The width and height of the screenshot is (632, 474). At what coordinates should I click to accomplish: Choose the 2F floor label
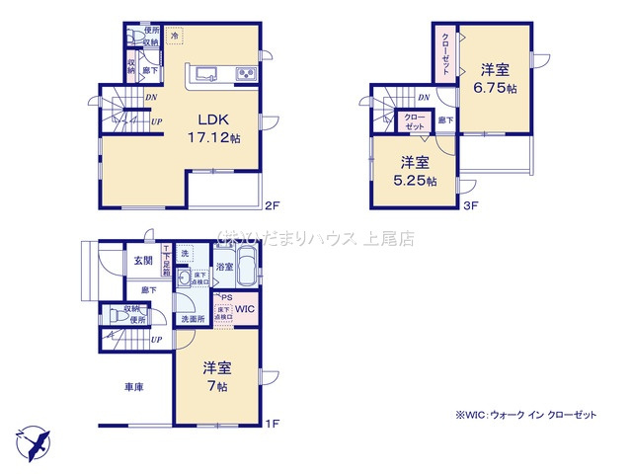point(273,205)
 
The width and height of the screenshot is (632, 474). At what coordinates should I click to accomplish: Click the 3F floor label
point(470,205)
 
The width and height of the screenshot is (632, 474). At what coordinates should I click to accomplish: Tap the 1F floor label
point(273,424)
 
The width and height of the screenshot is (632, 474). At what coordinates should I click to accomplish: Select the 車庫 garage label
point(133,387)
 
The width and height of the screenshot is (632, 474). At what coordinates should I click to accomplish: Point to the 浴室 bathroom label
point(224,267)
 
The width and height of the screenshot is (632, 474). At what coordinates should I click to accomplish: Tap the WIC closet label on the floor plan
point(244,309)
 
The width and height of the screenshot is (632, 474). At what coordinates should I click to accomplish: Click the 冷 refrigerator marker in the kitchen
point(174,37)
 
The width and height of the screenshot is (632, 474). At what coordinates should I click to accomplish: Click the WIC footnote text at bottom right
point(526,416)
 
